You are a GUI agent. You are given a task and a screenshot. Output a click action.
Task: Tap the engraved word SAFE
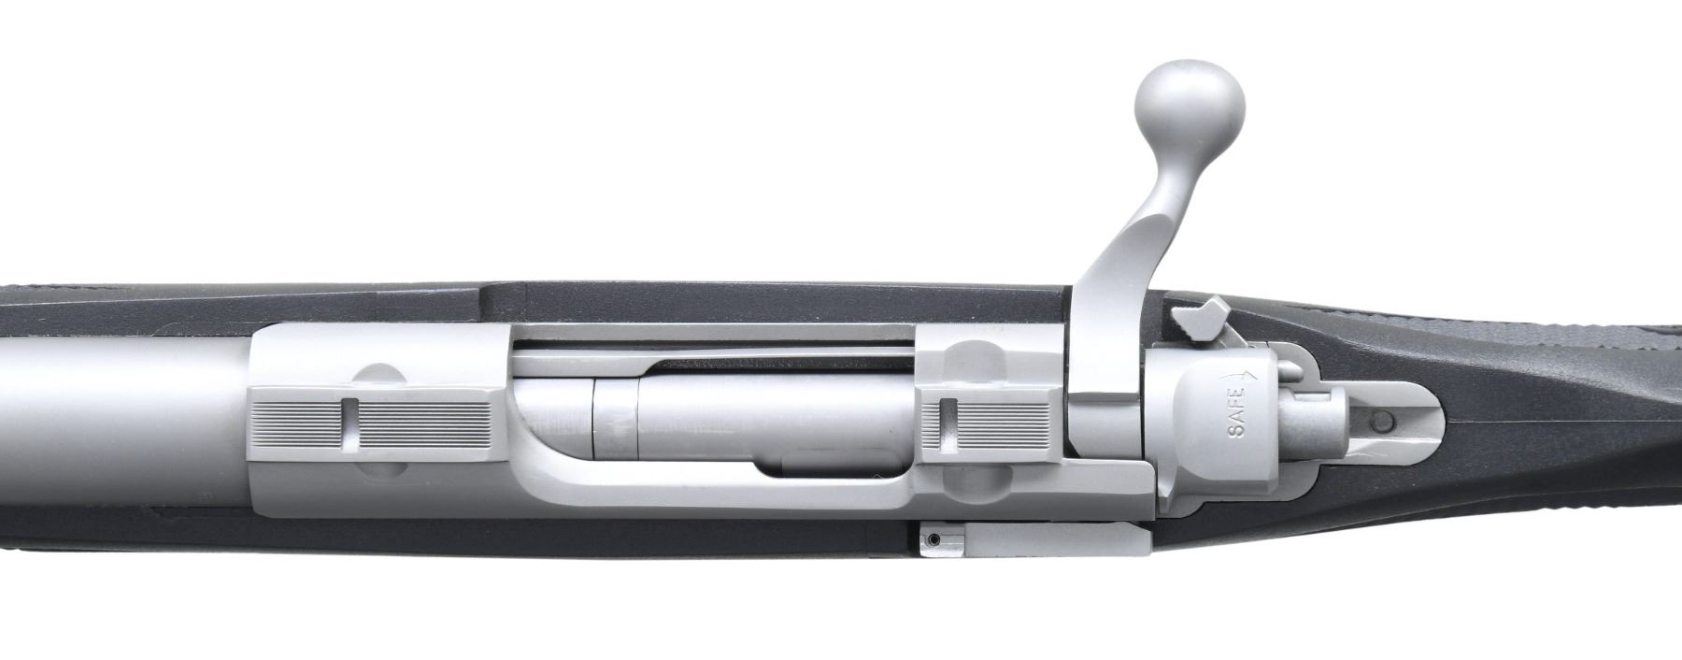point(1236,417)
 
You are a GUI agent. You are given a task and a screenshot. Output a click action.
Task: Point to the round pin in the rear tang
point(1382,423)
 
